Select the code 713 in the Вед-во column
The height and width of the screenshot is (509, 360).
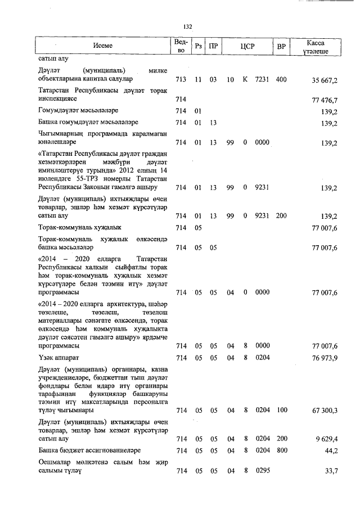[181, 80]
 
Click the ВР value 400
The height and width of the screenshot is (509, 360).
[281, 80]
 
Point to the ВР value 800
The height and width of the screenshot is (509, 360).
[281, 451]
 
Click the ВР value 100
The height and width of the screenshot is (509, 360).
[281, 411]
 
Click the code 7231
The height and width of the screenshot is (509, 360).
[262, 80]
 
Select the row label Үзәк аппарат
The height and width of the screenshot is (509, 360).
[59, 358]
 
